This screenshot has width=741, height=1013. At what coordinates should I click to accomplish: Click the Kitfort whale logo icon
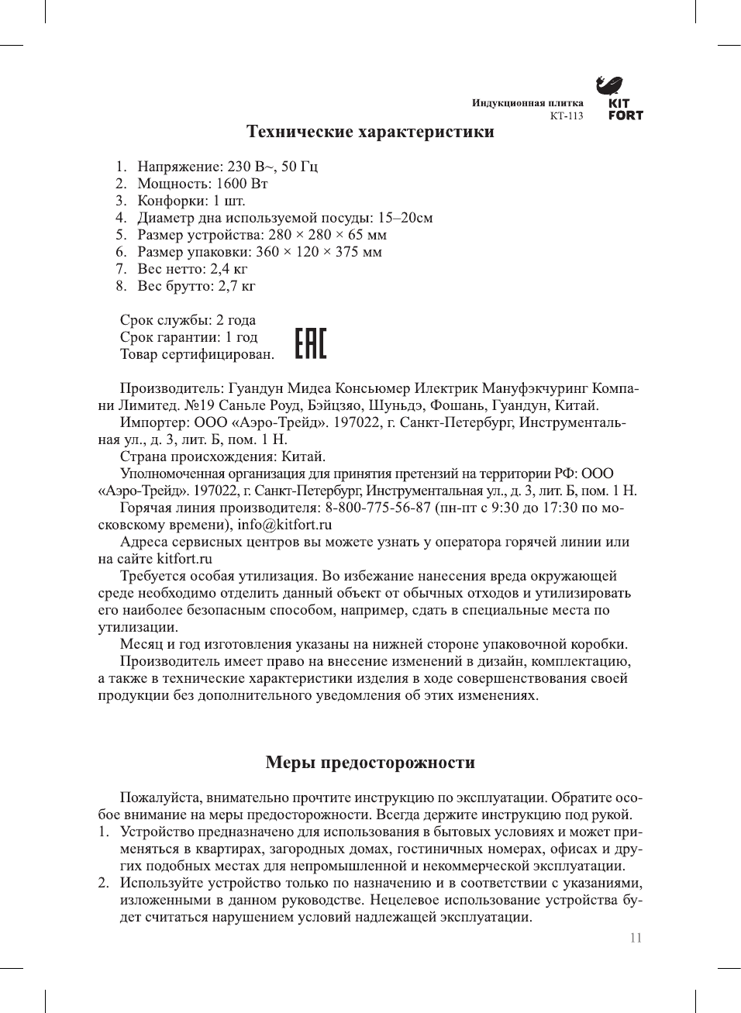point(609,84)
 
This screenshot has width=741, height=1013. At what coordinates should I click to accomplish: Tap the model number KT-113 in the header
point(566,116)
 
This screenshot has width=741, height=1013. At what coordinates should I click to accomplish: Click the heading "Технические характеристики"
point(370,132)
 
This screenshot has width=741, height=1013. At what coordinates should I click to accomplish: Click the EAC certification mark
point(311,343)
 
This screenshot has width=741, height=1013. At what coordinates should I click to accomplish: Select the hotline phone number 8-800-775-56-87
point(377,508)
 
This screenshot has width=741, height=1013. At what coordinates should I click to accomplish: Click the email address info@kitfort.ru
point(284,525)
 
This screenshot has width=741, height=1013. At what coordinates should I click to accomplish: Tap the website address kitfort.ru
point(184,559)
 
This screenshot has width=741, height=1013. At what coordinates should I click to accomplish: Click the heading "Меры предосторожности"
point(370,763)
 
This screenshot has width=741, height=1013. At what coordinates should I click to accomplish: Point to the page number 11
point(636,938)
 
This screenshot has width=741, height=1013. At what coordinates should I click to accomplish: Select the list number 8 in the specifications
point(121,286)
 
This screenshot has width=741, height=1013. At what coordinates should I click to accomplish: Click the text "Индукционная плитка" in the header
point(528,103)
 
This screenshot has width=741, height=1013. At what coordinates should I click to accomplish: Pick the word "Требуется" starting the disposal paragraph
point(153,576)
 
